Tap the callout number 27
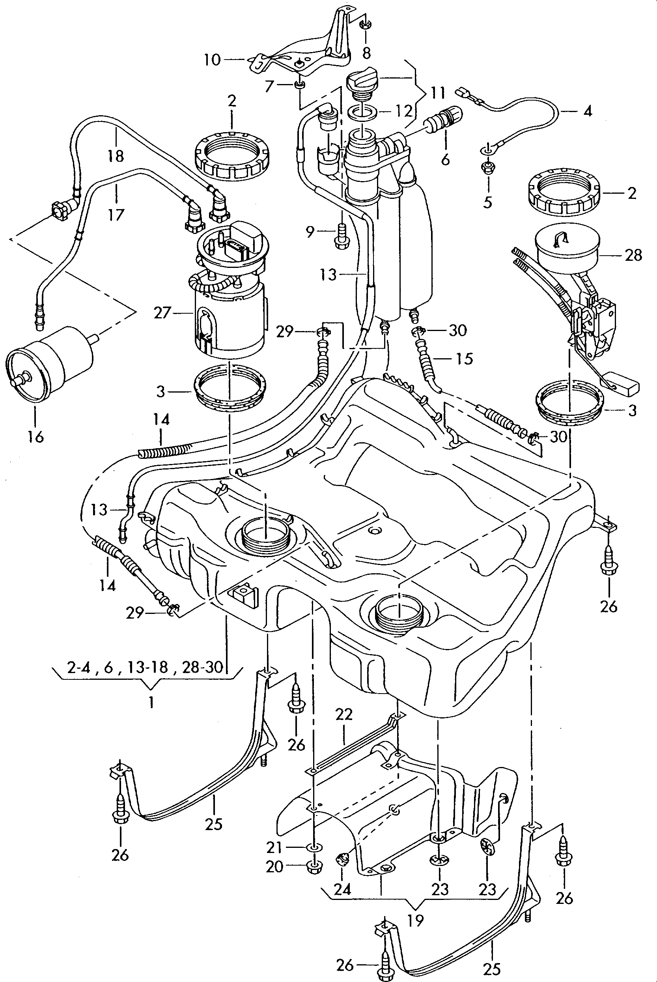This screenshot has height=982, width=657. [162, 313]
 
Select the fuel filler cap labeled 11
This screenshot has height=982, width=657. [362, 84]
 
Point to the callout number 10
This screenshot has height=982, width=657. [213, 60]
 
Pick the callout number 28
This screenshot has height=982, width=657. [633, 255]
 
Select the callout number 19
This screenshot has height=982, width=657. [415, 920]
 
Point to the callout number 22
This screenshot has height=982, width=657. [344, 714]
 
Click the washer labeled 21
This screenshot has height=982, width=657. [314, 848]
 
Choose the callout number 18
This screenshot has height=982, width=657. [116, 156]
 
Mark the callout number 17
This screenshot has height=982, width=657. [116, 215]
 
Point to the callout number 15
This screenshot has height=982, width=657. [464, 359]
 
